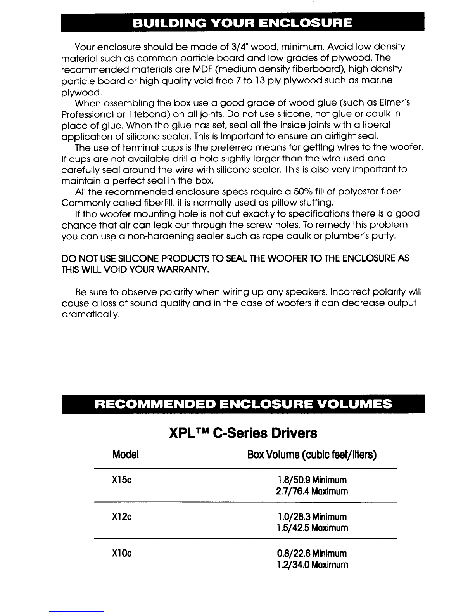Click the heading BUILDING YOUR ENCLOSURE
tap(242, 22)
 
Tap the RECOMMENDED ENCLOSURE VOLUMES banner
tap(243, 404)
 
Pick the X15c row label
tap(121, 480)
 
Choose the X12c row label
tap(121, 517)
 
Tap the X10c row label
tap(121, 553)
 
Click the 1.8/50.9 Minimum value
tap(312, 480)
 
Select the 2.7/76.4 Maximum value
tap(312, 491)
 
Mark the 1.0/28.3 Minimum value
tap(312, 517)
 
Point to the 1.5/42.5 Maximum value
tap(312, 528)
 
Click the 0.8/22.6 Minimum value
tap(312, 553)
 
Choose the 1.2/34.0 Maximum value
tap(312, 565)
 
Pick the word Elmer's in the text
tap(395, 103)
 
